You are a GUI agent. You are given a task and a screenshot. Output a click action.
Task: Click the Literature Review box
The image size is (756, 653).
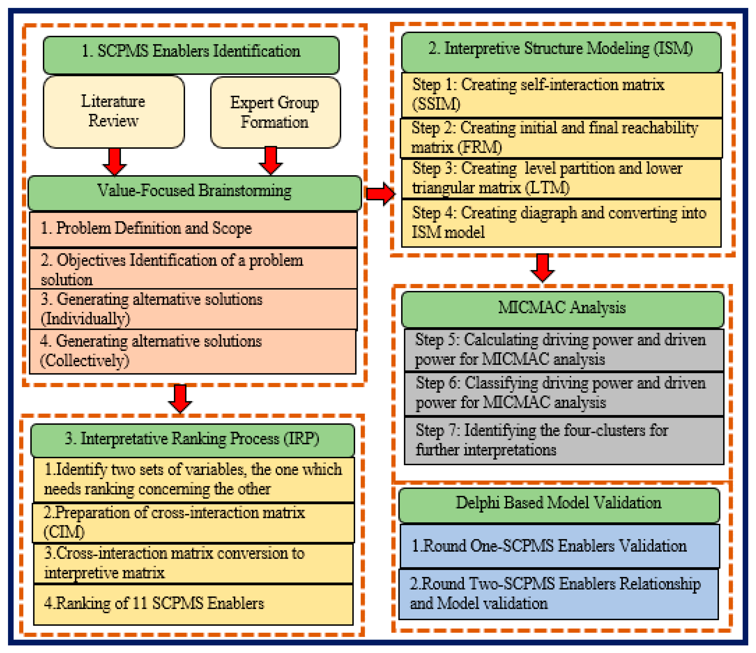pos(114,111)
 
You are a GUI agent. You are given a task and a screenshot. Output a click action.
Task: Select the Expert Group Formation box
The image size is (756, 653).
pos(275,112)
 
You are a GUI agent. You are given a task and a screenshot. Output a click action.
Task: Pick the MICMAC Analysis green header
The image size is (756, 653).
pos(562,308)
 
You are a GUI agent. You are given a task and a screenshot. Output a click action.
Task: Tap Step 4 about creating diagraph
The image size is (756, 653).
pos(561,223)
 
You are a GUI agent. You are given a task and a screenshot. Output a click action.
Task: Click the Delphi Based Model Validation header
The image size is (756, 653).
pos(559,504)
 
